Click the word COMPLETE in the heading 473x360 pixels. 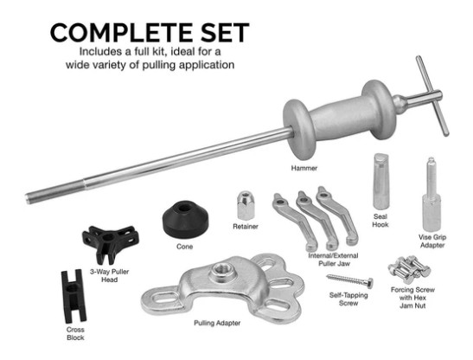[x=123, y=33]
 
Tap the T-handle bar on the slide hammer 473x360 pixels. [x=432, y=95]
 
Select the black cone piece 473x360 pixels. [x=185, y=219]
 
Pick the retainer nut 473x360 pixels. [x=246, y=205]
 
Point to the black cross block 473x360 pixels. [x=74, y=296]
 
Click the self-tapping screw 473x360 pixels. [x=350, y=281]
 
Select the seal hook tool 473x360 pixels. [x=381, y=181]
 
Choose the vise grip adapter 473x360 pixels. [x=431, y=195]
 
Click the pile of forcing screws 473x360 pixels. [x=409, y=270]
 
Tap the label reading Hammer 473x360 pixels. [x=304, y=168]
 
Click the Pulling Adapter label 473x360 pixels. [x=217, y=323]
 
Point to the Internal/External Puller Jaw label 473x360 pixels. [x=334, y=260]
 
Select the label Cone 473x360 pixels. [x=184, y=247]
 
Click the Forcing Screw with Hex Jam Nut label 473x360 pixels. [x=412, y=298]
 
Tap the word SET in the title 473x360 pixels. [x=225, y=33]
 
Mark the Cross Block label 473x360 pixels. [x=75, y=334]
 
